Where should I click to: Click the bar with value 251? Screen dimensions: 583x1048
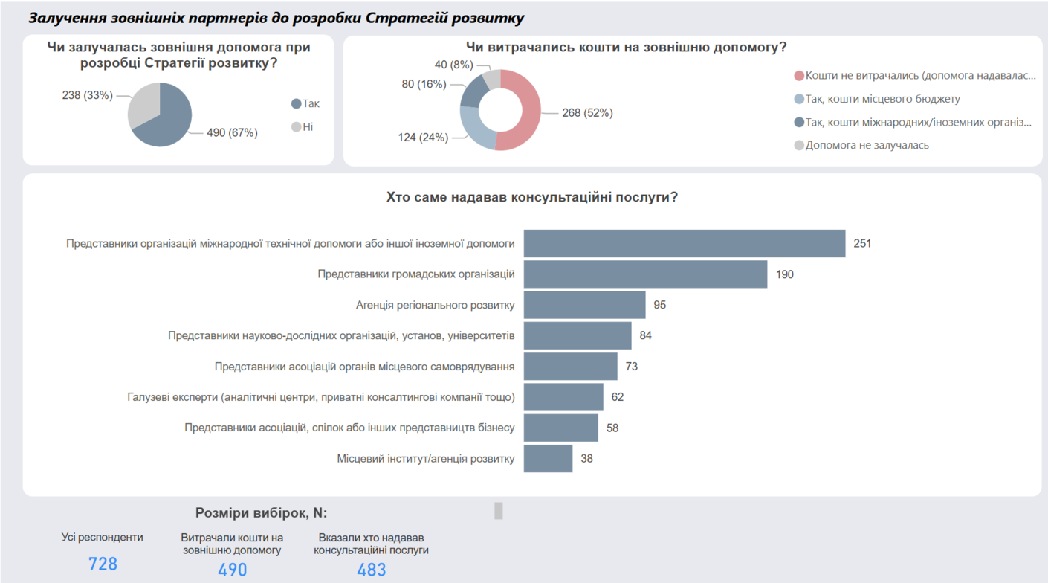(684, 243)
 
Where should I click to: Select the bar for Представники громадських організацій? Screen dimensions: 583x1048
(645, 274)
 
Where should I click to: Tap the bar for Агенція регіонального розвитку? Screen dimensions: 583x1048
(584, 305)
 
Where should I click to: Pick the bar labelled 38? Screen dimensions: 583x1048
(548, 459)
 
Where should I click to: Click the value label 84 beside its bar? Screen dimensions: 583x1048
(645, 335)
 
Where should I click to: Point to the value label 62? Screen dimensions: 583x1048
(618, 397)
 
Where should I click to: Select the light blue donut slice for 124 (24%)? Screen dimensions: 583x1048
(473, 129)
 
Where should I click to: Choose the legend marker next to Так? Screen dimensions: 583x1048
(296, 104)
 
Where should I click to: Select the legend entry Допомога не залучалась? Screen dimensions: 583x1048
(867, 145)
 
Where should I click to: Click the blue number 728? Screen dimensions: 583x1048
(103, 564)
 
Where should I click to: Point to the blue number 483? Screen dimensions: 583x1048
(372, 570)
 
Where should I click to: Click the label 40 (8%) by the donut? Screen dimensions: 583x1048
(453, 65)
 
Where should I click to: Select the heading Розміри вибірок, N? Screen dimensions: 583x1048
(261, 513)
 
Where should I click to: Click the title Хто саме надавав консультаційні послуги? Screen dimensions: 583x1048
(532, 197)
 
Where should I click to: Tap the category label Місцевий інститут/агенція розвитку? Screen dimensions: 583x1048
(425, 459)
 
